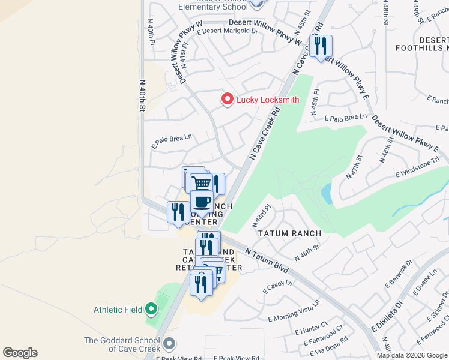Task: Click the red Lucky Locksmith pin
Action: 227,99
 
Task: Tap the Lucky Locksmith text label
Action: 268,100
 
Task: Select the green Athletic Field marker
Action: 151,310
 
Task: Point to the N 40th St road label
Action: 142,96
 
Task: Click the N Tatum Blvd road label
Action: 267,262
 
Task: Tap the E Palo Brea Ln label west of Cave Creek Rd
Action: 172,140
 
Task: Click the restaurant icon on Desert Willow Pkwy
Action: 321,46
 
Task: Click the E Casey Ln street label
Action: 277,287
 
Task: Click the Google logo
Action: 20,353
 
